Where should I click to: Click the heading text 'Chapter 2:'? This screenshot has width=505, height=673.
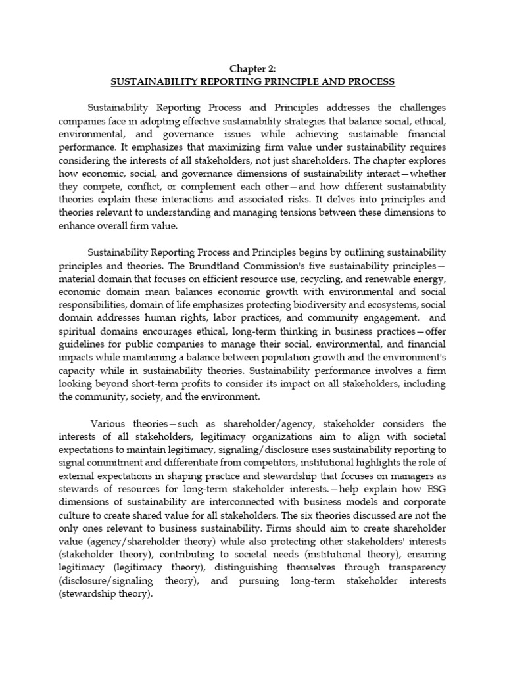click(252, 68)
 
